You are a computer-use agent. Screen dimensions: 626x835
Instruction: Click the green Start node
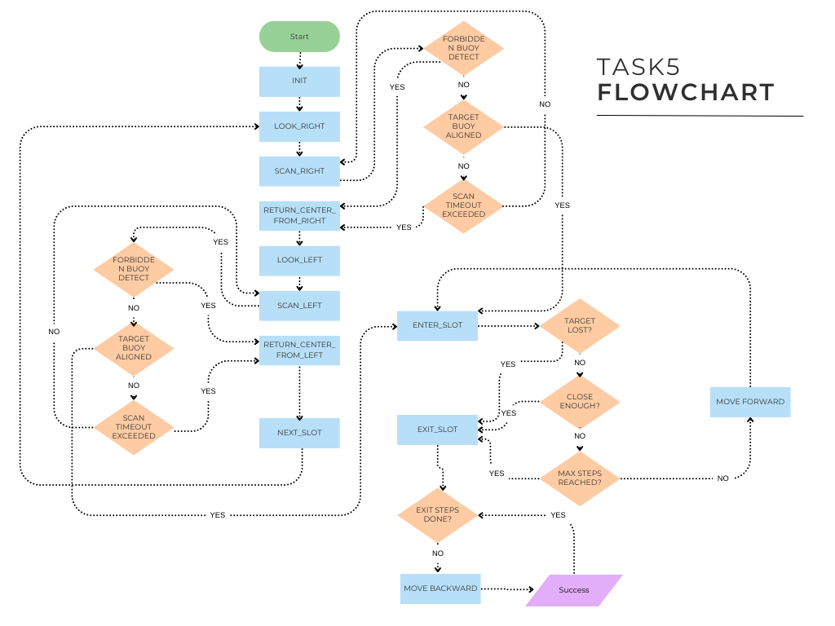click(299, 37)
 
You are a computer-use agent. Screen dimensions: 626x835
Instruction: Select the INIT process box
click(299, 82)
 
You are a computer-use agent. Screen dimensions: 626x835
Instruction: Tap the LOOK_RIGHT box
click(299, 126)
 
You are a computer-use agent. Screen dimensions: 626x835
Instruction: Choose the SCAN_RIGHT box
click(299, 171)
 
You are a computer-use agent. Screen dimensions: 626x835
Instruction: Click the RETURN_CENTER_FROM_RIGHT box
click(299, 216)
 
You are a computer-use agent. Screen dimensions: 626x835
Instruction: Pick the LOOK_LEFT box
click(299, 260)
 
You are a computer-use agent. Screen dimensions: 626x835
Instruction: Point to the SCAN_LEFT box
click(299, 306)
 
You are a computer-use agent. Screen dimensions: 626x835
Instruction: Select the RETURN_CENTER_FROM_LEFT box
click(299, 350)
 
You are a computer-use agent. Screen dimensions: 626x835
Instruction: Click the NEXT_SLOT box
click(299, 433)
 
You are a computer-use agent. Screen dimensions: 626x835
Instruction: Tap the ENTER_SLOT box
click(437, 325)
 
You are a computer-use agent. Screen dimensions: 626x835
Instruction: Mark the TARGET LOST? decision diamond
click(580, 326)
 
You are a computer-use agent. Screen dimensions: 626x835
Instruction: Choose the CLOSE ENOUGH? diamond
click(580, 400)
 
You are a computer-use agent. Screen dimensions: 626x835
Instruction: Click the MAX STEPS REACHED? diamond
click(580, 478)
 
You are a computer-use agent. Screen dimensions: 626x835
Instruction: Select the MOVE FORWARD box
click(750, 402)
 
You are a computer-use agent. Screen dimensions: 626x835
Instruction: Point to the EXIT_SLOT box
click(437, 430)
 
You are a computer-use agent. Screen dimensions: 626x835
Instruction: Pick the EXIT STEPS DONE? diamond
click(438, 515)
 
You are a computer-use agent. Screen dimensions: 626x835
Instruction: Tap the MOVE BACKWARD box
click(440, 589)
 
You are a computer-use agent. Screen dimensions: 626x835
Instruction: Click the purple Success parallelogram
click(574, 590)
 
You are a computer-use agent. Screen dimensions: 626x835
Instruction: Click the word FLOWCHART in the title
click(686, 92)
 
